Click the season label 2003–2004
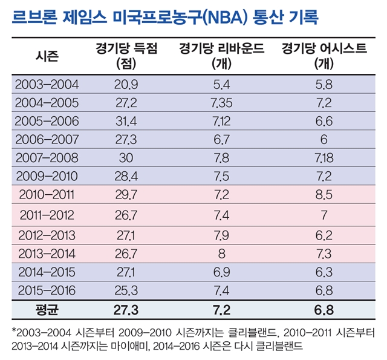coord(47,83)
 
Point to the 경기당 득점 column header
coord(127,56)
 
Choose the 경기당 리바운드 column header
coord(221,56)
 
